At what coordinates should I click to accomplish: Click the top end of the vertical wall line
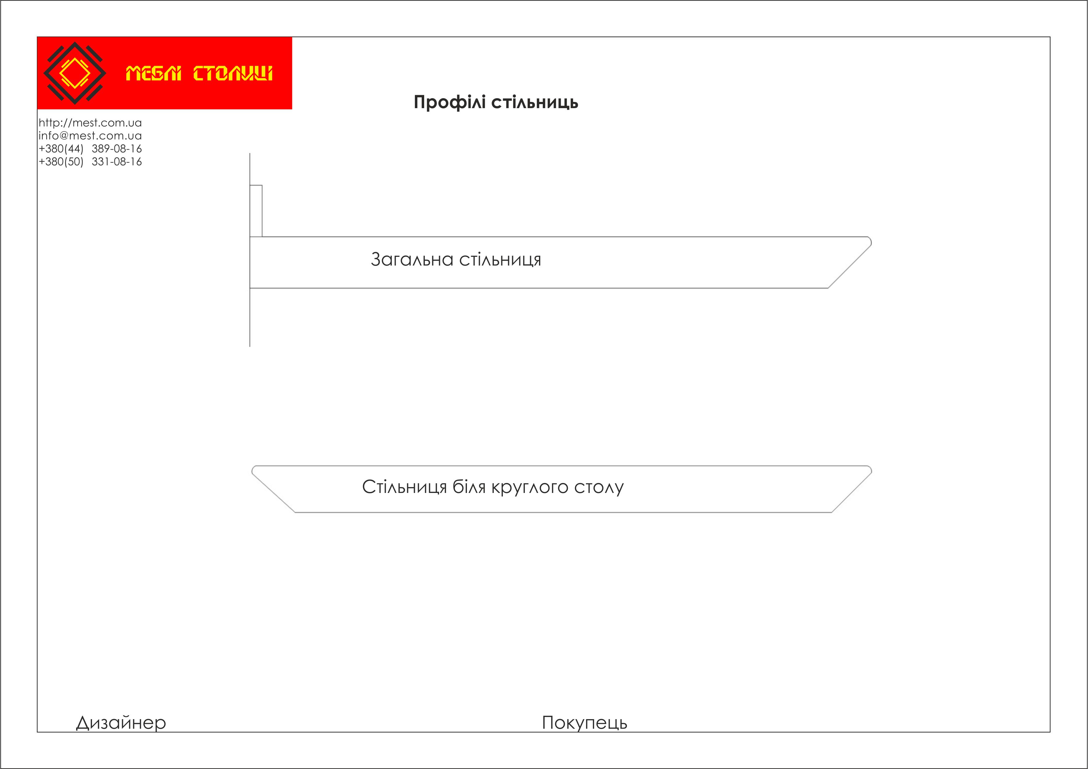coord(250,153)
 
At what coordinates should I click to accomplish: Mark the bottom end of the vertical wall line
coord(250,347)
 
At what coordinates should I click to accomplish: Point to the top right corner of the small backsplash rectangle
coord(262,185)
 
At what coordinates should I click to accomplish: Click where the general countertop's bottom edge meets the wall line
coord(250,288)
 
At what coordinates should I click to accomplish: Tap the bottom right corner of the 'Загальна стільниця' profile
coord(828,288)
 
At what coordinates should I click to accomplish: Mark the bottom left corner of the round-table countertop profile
coord(295,512)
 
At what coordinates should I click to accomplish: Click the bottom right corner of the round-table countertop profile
coord(832,512)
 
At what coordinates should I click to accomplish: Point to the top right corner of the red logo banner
coord(292,37)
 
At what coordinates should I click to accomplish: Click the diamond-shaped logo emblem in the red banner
coord(74,73)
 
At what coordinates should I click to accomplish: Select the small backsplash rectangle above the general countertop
coord(256,211)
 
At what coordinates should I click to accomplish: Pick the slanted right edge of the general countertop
coord(850,266)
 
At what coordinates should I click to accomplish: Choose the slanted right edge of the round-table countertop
coord(851,493)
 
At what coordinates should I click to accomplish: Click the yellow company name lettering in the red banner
coord(199,73)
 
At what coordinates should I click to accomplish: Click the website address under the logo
coord(90,123)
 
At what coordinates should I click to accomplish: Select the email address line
coord(90,136)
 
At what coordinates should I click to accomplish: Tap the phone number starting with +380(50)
coord(90,162)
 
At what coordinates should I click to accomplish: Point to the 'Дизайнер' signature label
coord(121,723)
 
